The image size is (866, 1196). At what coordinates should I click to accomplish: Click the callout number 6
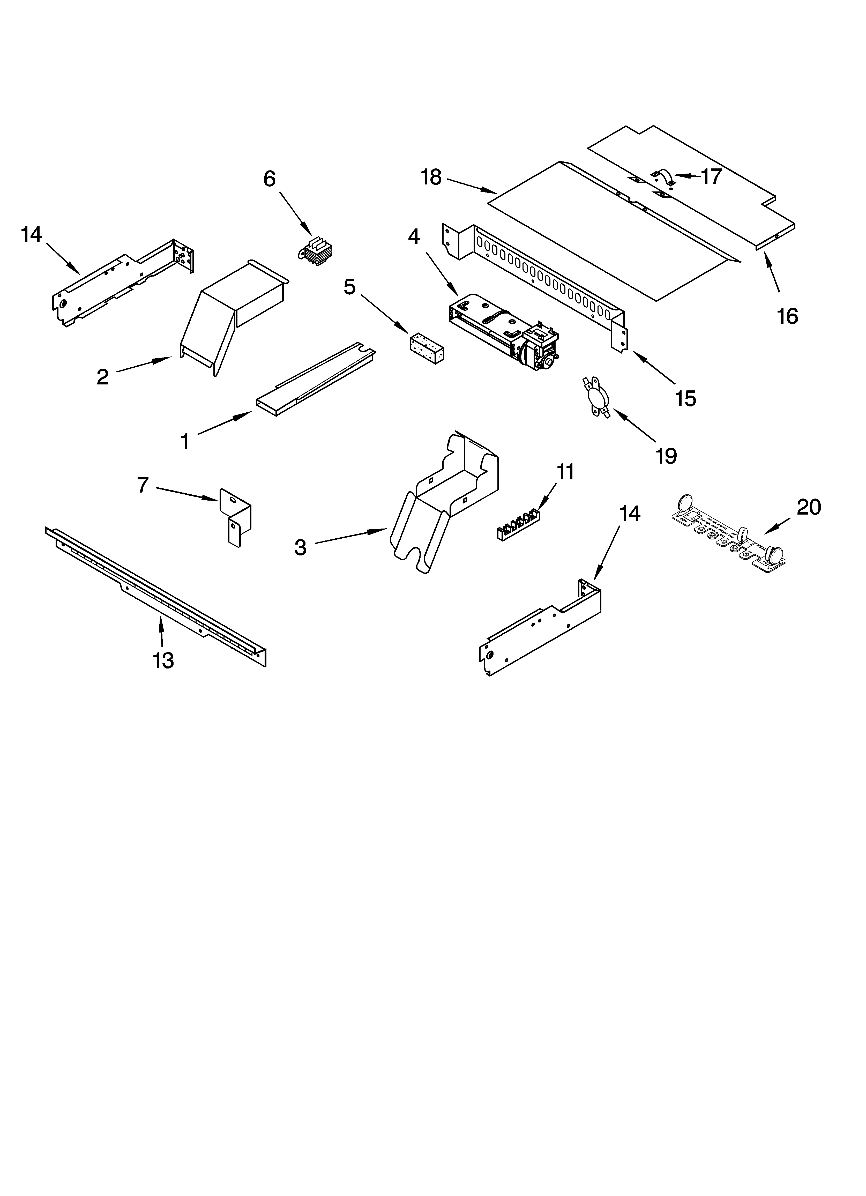pyautogui.click(x=270, y=179)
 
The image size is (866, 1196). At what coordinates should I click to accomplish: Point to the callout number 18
pyautogui.click(x=431, y=177)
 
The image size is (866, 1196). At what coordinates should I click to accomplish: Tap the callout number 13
pyautogui.click(x=163, y=660)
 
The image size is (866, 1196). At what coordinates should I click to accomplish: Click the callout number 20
pyautogui.click(x=809, y=507)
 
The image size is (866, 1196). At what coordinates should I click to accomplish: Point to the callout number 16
pyautogui.click(x=787, y=316)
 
